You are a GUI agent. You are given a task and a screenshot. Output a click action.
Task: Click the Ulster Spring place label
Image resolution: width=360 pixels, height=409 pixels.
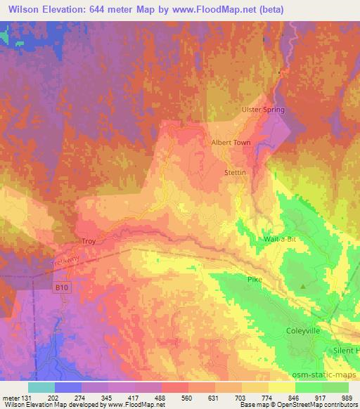click(x=262, y=110)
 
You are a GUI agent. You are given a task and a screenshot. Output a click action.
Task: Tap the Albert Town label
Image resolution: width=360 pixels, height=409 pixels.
click(x=231, y=142)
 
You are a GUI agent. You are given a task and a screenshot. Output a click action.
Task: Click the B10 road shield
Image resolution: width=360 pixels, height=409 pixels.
click(x=61, y=287)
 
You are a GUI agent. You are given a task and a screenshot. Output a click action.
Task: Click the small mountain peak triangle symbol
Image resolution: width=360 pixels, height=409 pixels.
click(x=303, y=286)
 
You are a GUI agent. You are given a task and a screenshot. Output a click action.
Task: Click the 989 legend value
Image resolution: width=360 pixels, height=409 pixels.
click(x=347, y=396)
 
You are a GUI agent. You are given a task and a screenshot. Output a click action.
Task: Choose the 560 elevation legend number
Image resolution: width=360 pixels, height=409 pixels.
click(x=188, y=396)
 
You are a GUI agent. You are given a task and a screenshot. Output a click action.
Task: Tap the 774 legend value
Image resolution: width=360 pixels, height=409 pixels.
click(x=267, y=396)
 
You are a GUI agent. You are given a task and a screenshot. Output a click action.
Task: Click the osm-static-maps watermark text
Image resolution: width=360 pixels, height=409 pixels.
click(x=330, y=375)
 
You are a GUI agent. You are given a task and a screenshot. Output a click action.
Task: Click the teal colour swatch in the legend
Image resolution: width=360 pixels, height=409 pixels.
click(x=41, y=387)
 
